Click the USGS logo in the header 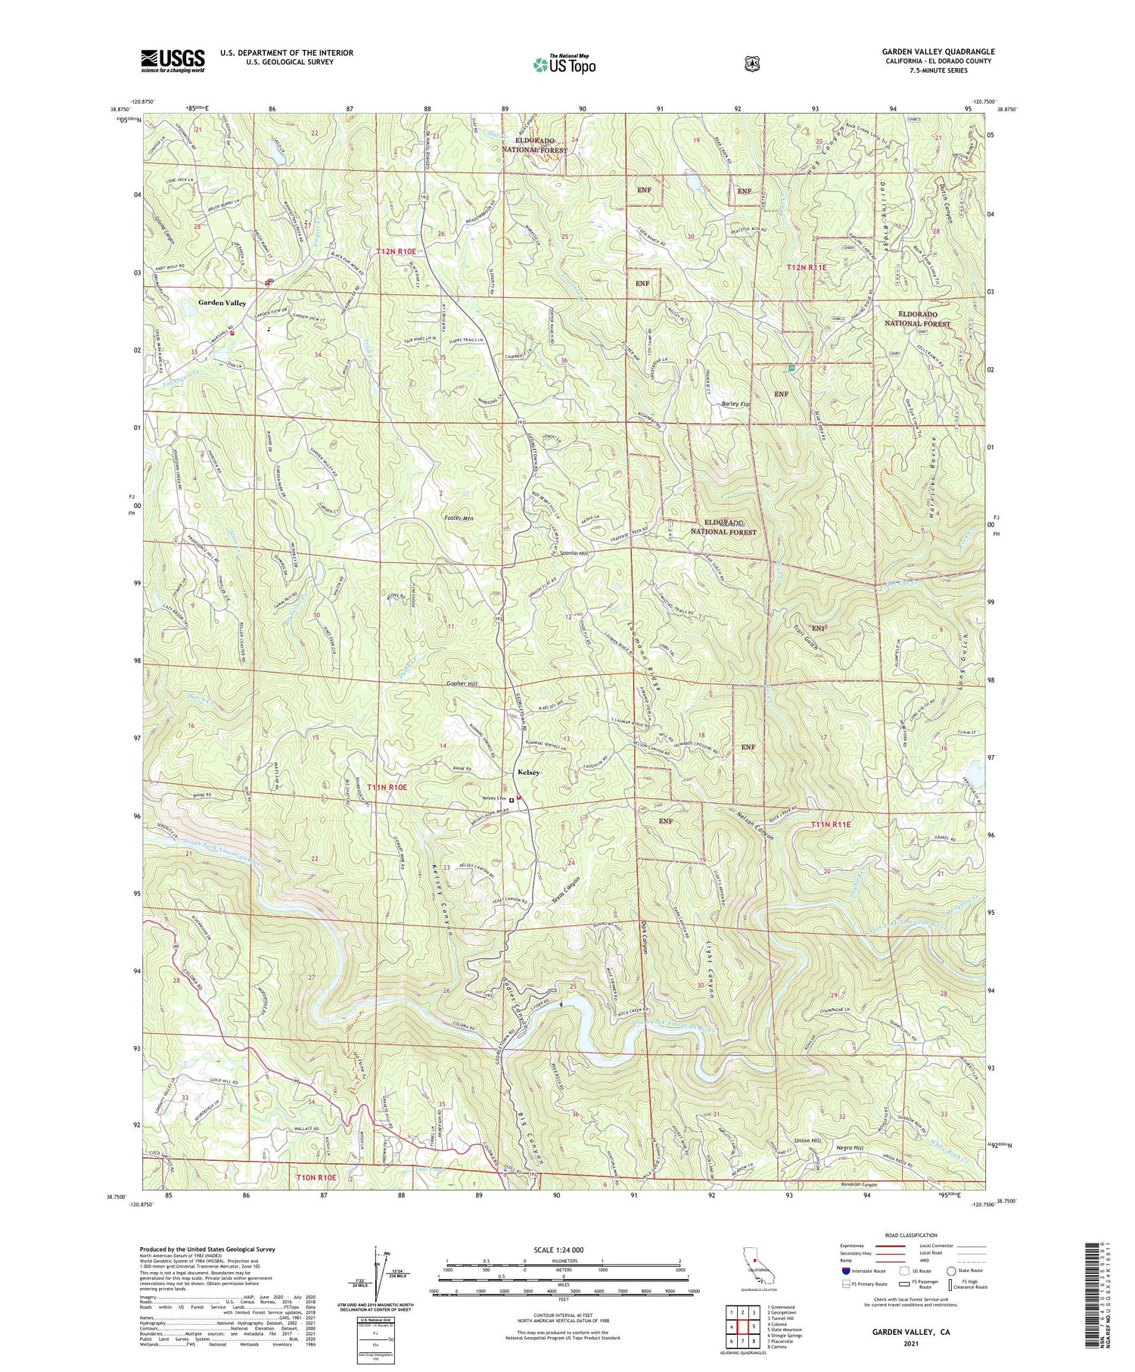pos(173,61)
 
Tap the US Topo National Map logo pos(564,64)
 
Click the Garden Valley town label pos(222,303)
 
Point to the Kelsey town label pos(528,772)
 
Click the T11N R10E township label pos(387,788)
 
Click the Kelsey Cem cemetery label pos(494,799)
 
